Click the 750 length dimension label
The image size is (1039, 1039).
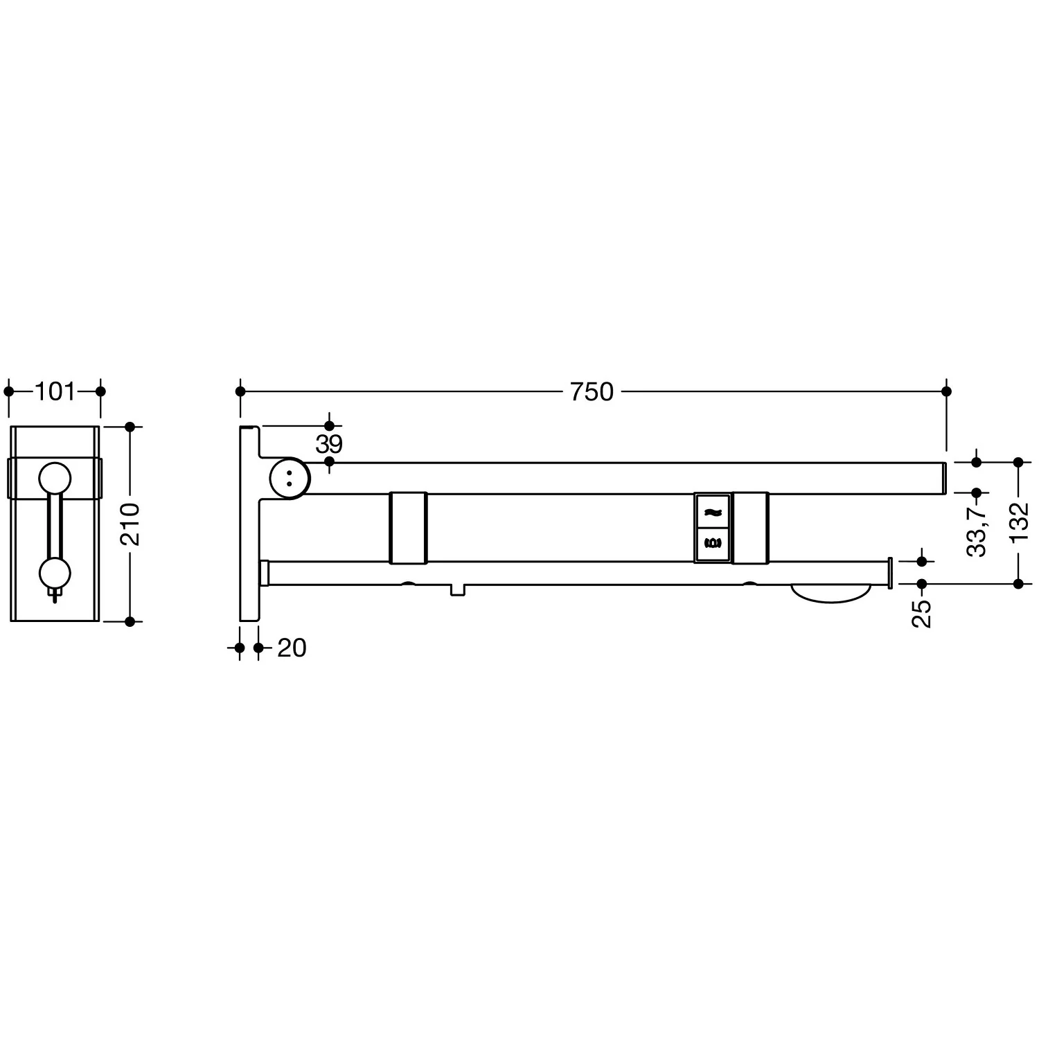pos(592,392)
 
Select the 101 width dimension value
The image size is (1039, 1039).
pos(55,392)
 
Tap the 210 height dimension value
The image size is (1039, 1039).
pos(130,524)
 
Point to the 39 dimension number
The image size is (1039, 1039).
pos(329,444)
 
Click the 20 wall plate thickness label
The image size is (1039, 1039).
pos(292,648)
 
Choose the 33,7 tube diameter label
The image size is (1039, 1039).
pos(977,531)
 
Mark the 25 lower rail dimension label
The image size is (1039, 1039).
pos(922,614)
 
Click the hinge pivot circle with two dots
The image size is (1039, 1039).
pos(290,477)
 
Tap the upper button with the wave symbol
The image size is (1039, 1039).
pos(713,511)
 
